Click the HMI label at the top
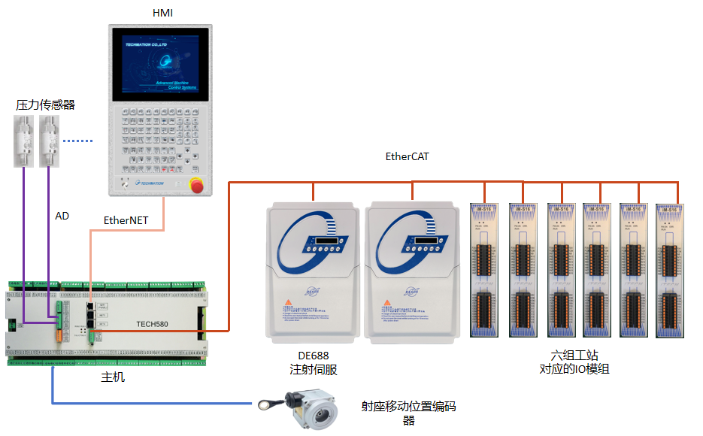[x=163, y=13]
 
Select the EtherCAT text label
[x=407, y=156]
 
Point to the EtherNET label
[x=126, y=220]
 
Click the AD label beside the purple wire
[x=62, y=216]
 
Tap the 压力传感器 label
[x=46, y=105]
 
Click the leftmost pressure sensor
[x=23, y=141]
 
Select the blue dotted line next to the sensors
[x=77, y=141]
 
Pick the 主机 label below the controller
[x=113, y=377]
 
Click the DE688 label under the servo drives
[x=314, y=356]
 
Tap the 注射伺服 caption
[x=314, y=370]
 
